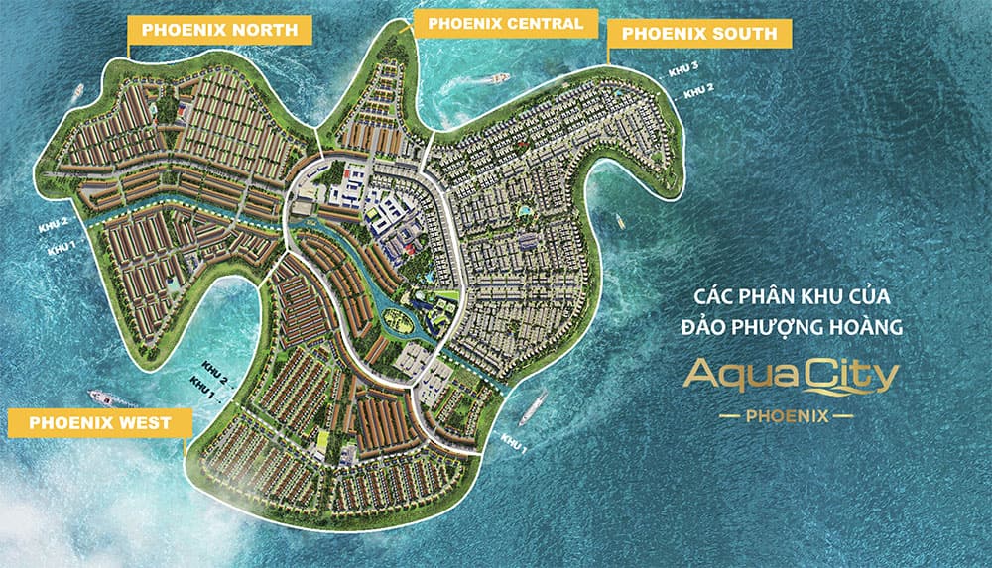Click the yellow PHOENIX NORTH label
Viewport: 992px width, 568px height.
pos(219,31)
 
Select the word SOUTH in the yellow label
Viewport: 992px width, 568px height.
pos(742,34)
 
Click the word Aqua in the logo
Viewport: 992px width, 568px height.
pos(733,377)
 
